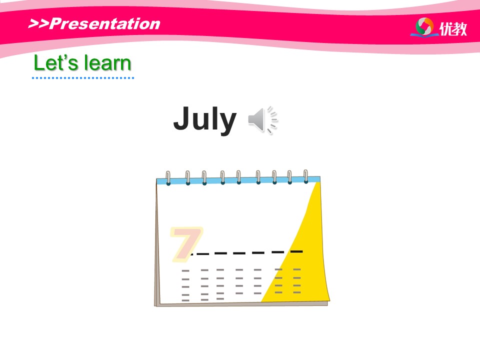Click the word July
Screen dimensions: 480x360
click(205, 119)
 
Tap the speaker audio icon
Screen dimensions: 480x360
click(262, 120)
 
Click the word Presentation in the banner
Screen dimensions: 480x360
click(104, 23)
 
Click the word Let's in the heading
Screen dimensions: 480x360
click(56, 63)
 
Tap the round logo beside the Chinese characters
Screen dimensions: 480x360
click(424, 26)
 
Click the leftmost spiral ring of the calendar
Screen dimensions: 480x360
click(168, 178)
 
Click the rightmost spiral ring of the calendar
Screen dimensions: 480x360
click(305, 176)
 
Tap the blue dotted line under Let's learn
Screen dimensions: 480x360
click(83, 78)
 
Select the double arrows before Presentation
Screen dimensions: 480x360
click(38, 23)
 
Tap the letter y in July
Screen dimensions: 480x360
click(227, 123)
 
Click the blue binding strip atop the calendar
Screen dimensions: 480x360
click(238, 180)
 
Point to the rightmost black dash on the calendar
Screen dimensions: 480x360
click(296, 251)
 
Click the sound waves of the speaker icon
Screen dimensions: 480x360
click(272, 120)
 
